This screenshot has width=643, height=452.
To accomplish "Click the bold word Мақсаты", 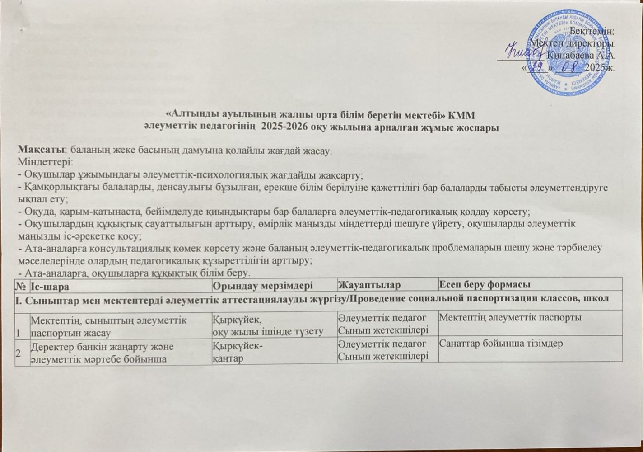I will point(38,150).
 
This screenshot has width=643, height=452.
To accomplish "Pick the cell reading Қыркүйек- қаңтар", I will point(238,351).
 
